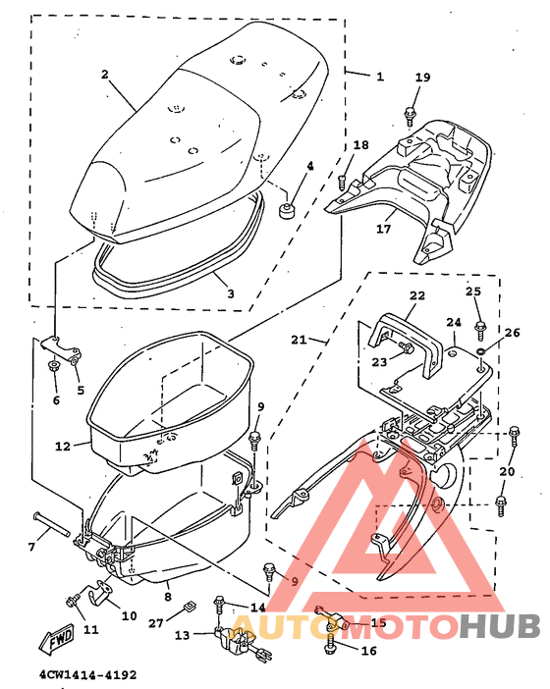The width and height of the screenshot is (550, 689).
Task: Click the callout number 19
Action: [x=422, y=78]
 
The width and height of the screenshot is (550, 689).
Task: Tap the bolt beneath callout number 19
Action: [x=408, y=116]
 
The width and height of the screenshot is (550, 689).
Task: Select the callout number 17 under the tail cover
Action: [x=383, y=229]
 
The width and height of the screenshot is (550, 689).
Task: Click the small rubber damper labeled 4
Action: [x=290, y=211]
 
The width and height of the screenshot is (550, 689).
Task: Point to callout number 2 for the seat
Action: [x=104, y=74]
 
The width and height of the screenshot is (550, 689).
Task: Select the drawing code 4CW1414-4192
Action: [x=87, y=675]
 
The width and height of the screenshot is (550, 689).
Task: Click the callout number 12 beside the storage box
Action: [x=61, y=447]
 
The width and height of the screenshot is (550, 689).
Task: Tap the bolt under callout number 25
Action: [x=480, y=327]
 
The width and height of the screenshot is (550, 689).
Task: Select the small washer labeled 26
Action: [x=479, y=351]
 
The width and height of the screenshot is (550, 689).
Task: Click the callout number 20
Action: [x=507, y=471]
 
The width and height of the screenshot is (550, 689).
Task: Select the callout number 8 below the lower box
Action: [x=168, y=595]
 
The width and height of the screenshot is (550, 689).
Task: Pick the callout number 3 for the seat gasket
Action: [x=230, y=293]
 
